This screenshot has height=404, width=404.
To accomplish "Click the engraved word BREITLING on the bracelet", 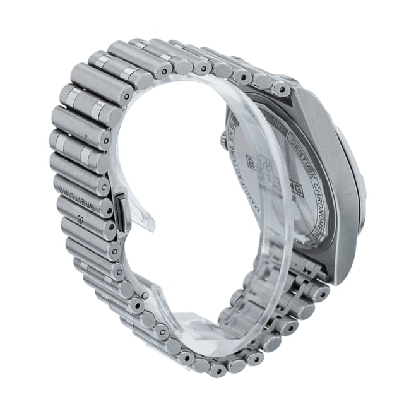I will (x=81, y=198).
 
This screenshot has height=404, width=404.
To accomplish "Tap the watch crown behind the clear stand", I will (x=222, y=140).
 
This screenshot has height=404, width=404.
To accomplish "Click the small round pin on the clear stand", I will (x=145, y=295).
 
